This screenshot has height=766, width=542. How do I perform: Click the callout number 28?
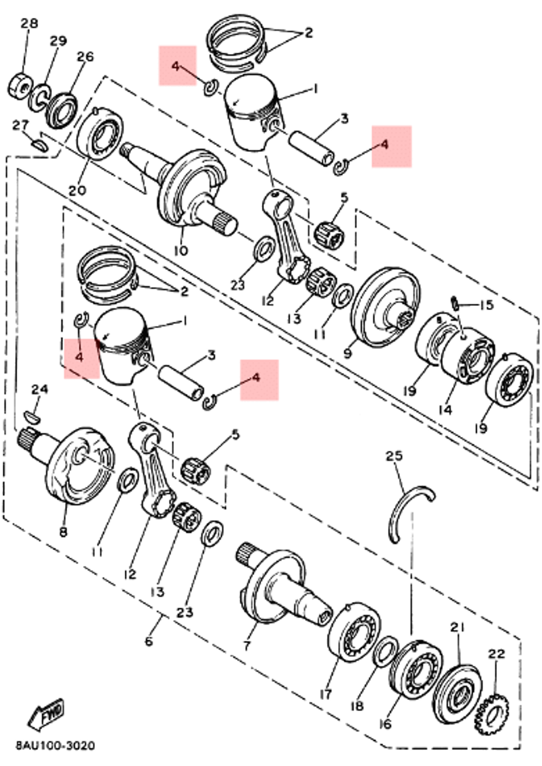click(30, 23)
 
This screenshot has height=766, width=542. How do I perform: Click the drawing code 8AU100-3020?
click(55, 745)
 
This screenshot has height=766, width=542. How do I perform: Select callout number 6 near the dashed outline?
click(149, 641)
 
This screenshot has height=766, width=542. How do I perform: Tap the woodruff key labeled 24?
click(32, 417)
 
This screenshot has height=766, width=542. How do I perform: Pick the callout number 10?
click(180, 250)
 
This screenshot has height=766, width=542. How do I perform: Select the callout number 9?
click(347, 353)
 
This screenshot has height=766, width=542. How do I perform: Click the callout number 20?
click(78, 190)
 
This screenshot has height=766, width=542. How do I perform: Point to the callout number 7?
click(247, 646)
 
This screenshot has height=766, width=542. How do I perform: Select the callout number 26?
click(85, 56)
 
